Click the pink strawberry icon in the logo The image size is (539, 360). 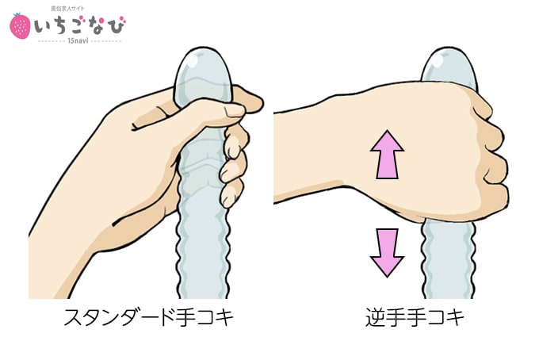[20, 26]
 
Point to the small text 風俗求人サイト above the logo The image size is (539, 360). [67, 9]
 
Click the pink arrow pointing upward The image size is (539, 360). [387, 155]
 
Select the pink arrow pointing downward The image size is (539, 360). [387, 253]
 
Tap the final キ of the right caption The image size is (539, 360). [453, 317]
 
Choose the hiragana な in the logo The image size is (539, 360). [94, 26]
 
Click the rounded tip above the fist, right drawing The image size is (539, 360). [449, 66]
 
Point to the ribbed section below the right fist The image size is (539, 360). [448, 259]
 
